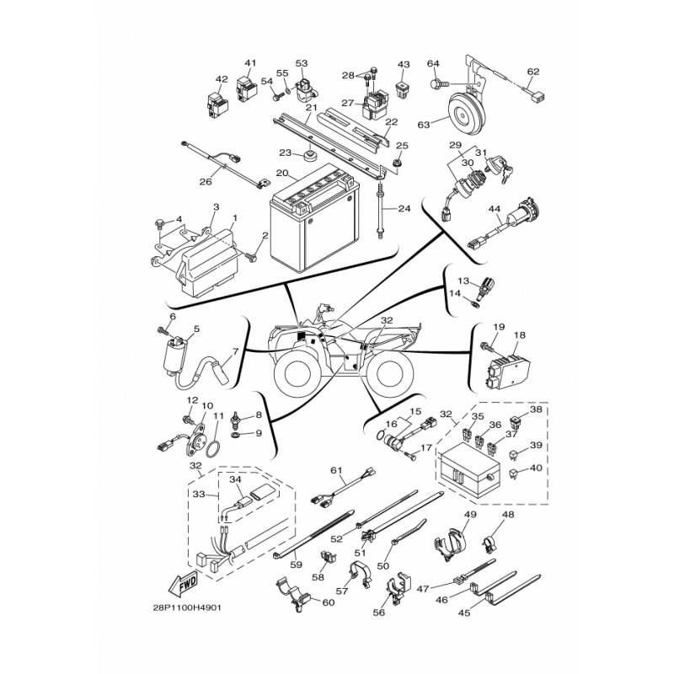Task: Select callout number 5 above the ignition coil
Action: pos(196,329)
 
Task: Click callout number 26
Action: pos(204,179)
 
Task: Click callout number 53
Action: pos(302,62)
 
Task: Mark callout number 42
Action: pos(222,79)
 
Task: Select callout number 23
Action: pos(285,152)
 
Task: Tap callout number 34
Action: pos(236,480)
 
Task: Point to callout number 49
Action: pos(470,515)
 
